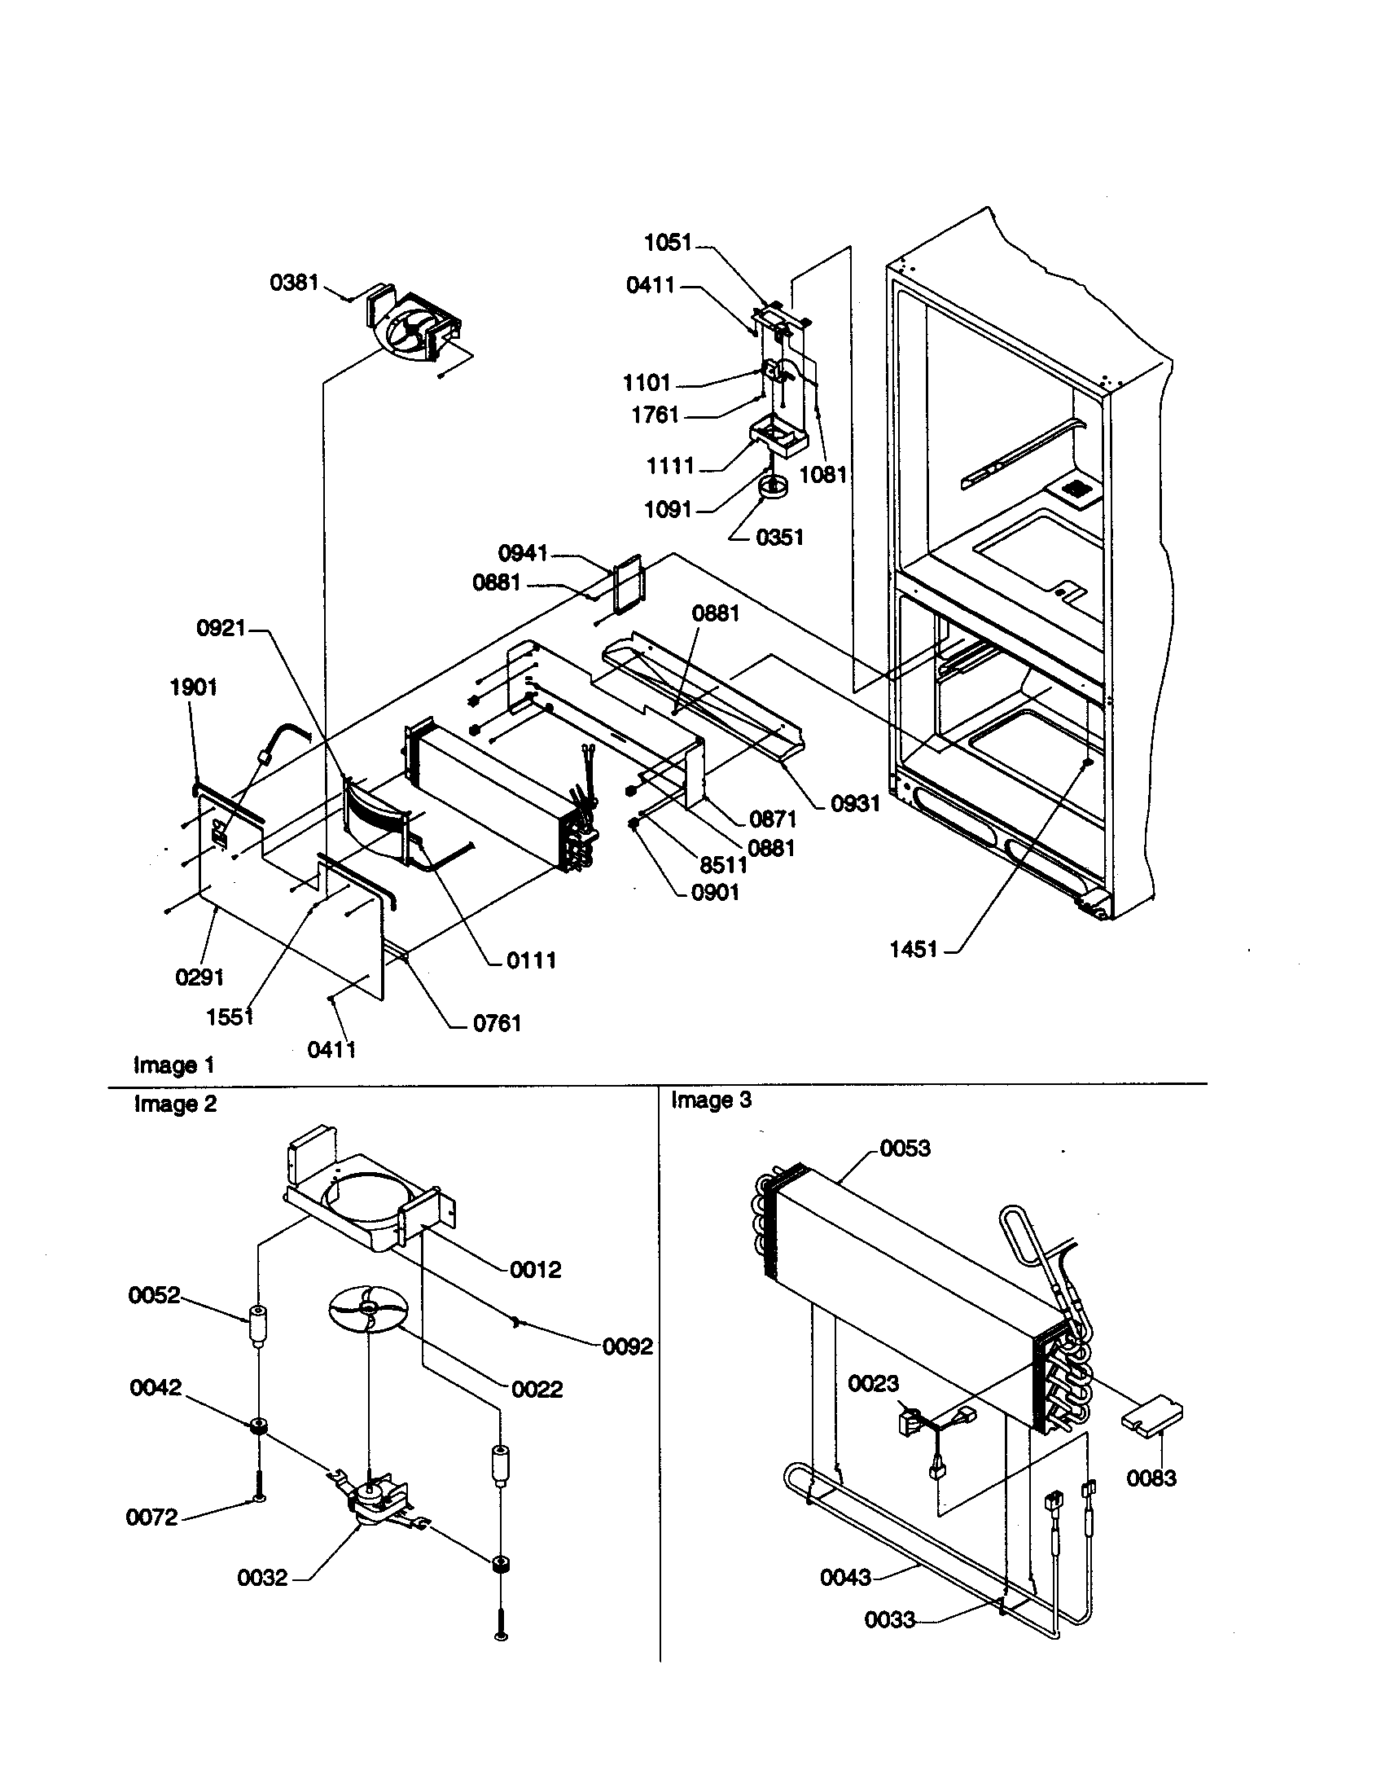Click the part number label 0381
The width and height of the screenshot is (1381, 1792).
(294, 283)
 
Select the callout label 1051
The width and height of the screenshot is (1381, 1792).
(668, 242)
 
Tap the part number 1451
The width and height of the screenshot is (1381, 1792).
(914, 949)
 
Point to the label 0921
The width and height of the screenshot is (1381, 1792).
(221, 629)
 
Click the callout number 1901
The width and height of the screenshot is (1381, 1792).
(194, 687)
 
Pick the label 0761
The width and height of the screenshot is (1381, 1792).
(497, 1023)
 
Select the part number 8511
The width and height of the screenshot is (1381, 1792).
(723, 864)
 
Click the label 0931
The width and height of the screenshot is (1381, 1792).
(855, 804)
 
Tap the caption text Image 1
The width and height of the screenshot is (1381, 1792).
(174, 1065)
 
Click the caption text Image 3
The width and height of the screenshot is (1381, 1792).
(711, 1100)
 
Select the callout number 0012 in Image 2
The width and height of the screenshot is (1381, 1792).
(536, 1269)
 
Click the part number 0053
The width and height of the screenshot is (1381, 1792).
(905, 1148)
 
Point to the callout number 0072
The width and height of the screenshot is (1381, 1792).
(151, 1517)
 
